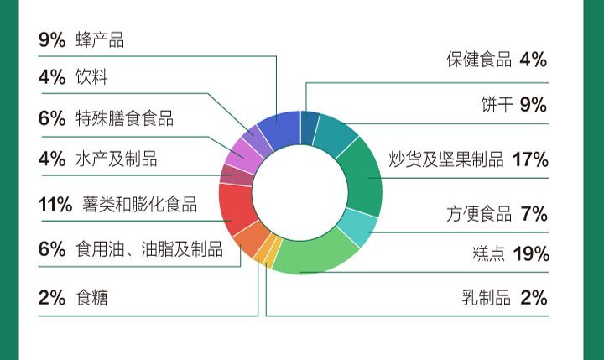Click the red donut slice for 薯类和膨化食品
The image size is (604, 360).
(236, 207)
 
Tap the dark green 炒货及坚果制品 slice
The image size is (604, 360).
(362, 177)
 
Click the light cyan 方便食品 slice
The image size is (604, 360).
(357, 227)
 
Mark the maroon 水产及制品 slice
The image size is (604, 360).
(236, 175)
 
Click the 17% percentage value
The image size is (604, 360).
(530, 159)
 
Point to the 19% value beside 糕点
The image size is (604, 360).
(531, 253)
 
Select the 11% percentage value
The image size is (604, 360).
(55, 204)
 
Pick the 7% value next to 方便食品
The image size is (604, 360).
(534, 213)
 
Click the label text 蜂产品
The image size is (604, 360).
(100, 40)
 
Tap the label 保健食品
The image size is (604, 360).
(479, 60)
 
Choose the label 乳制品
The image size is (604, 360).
(487, 298)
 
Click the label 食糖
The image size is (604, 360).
(91, 298)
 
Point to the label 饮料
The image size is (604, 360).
(91, 76)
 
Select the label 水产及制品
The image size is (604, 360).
(117, 159)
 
